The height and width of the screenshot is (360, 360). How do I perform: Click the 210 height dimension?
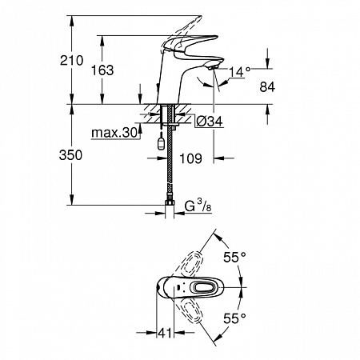click(71, 61)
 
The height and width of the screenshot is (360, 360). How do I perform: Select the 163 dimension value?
click(102, 70)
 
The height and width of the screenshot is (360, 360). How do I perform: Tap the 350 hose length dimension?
click(70, 155)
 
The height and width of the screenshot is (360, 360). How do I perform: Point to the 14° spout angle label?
click(240, 72)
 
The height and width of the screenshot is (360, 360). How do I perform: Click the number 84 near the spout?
click(267, 87)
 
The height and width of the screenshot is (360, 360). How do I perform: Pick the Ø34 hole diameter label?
click(210, 122)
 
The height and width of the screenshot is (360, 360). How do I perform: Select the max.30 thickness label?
click(114, 133)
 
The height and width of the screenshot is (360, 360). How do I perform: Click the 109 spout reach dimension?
click(191, 158)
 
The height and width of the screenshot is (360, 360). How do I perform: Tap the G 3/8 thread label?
click(198, 206)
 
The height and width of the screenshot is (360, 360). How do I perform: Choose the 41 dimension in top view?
click(165, 333)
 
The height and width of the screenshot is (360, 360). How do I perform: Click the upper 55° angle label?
click(234, 258)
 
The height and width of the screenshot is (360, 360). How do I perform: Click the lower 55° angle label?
click(234, 318)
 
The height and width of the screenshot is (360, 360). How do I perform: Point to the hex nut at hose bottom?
click(169, 203)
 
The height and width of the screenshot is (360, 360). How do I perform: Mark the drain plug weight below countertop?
click(161, 143)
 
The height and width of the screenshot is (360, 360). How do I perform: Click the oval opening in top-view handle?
click(203, 288)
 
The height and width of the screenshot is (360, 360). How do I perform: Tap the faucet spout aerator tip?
click(213, 66)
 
